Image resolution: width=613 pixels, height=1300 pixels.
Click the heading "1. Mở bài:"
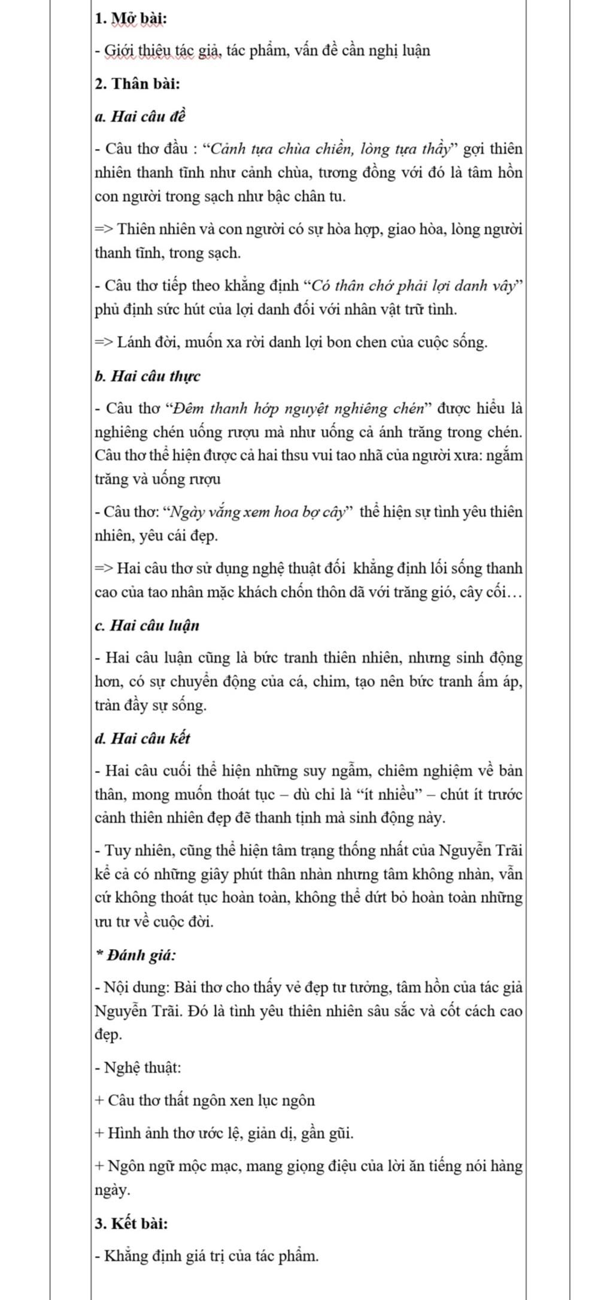[x=131, y=19]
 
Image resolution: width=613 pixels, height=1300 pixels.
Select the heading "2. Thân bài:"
[x=137, y=83]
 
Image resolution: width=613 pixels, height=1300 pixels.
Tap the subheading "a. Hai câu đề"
[x=140, y=116]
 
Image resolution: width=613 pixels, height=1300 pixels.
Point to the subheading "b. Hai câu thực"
[x=147, y=376]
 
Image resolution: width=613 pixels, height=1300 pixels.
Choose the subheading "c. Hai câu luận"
[x=147, y=626]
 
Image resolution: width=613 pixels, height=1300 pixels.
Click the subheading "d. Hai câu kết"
[x=142, y=738]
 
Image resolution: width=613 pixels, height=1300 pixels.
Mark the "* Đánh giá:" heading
[x=136, y=956]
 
